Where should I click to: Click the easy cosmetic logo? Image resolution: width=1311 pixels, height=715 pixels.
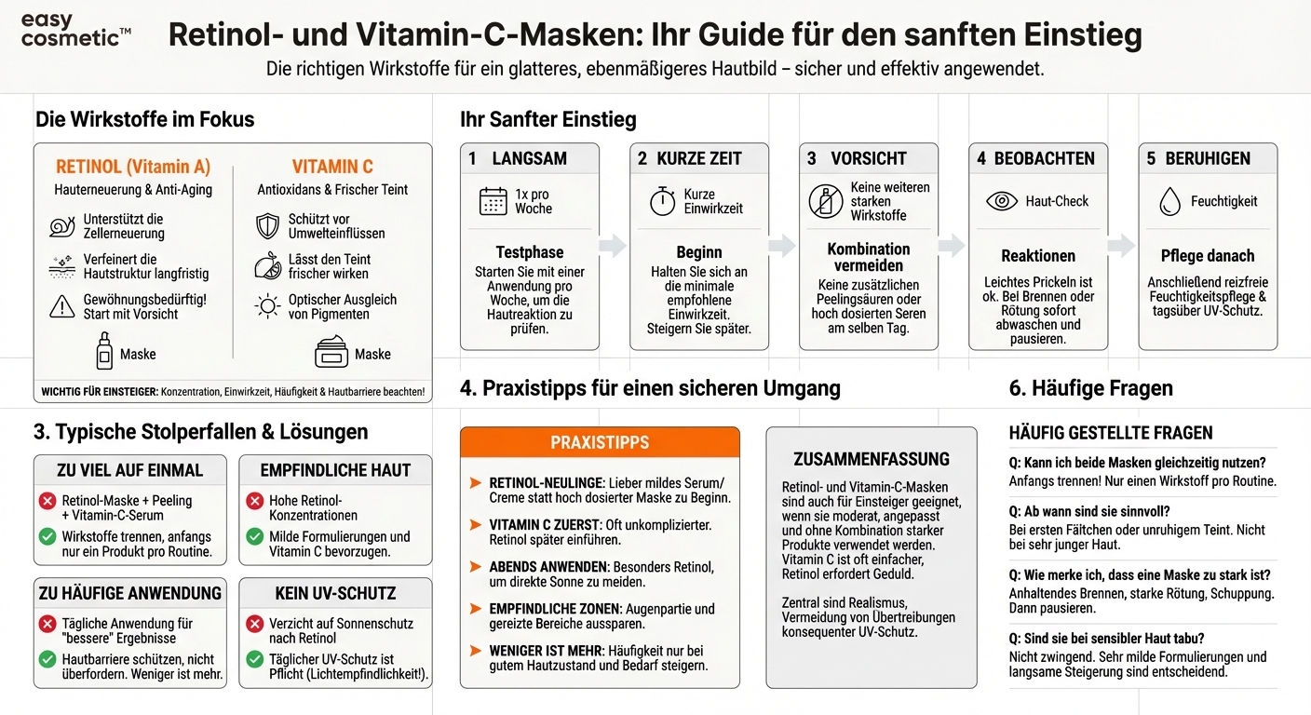pos(75,30)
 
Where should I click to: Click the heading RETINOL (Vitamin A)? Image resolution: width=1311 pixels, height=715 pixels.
pos(133,168)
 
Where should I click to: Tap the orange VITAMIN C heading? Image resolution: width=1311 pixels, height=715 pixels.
pos(332,168)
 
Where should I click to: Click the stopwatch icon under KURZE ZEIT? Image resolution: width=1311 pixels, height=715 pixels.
pos(662,202)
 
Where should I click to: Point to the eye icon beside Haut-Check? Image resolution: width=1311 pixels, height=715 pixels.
pos(1001,201)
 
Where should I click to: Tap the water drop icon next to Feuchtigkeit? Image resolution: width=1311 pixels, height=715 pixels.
pos(1169,201)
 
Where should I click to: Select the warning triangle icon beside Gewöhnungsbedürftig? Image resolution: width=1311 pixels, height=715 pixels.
pos(61,306)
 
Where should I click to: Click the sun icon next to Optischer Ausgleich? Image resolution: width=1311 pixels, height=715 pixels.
pos(268,306)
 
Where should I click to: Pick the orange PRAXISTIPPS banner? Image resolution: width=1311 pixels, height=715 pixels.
pos(600,442)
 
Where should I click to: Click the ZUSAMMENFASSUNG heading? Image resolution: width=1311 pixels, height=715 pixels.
pos(872,459)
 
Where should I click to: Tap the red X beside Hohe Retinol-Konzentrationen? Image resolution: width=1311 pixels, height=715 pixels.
pos(254,502)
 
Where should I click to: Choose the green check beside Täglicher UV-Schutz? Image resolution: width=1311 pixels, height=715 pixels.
pos(254,660)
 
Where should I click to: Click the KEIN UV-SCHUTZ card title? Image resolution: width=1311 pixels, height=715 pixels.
pos(335,593)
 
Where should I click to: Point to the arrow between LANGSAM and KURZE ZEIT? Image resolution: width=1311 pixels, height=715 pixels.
pos(613,246)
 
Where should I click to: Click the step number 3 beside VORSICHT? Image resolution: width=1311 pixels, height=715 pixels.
pos(811,158)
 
